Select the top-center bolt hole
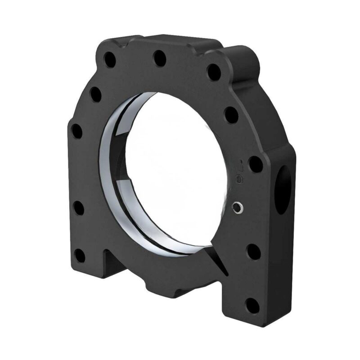(159, 58)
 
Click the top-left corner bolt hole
(110, 59)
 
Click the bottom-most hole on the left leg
(79, 256)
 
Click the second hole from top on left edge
(95, 94)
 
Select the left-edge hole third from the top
(77, 131)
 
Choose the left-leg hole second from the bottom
(78, 209)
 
